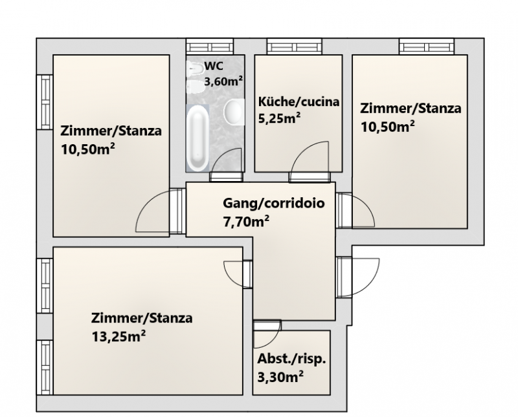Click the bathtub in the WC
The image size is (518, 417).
pos(198,138)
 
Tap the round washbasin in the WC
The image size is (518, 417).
pos(234,112)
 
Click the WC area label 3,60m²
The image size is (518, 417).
pos(223,81)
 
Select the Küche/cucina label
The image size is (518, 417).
pos(298,102)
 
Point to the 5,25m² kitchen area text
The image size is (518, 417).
pos(279,118)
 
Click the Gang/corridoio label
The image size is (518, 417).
pos(274,203)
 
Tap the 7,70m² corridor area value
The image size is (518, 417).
pos(246,221)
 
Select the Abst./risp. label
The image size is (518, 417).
pos(292,359)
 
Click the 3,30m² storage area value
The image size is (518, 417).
pos(280,377)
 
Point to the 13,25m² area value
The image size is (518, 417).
pos(118,337)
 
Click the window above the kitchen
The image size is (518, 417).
pos(295,46)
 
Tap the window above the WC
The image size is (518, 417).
pos(210,46)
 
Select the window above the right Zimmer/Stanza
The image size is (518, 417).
pos(427,46)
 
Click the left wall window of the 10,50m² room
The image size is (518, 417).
pos(45,102)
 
